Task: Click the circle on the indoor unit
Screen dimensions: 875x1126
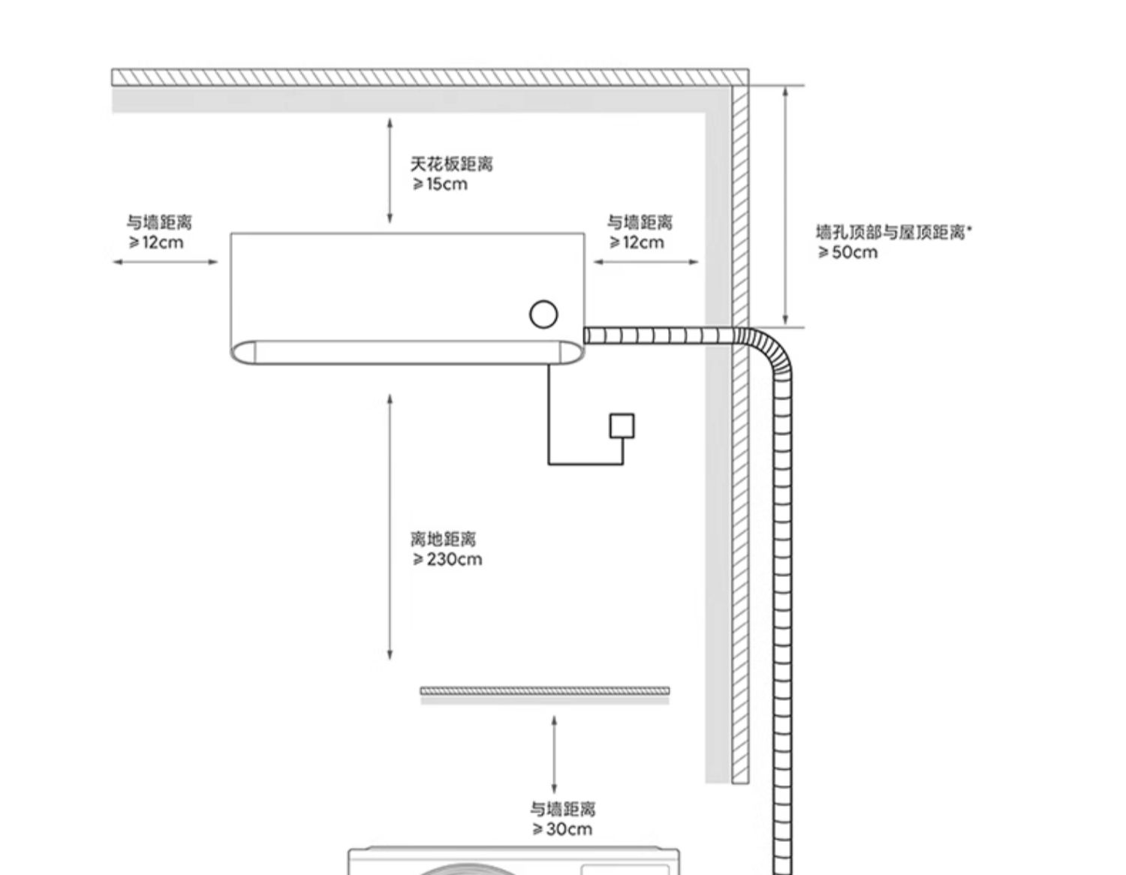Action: click(x=543, y=314)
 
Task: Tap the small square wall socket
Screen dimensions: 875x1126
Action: click(x=622, y=425)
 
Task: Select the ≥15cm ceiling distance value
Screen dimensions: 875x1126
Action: click(x=440, y=184)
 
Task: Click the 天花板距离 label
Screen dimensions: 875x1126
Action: click(x=451, y=164)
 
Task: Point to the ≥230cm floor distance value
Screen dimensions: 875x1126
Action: click(x=447, y=559)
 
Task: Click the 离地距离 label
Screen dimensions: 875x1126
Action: click(x=443, y=539)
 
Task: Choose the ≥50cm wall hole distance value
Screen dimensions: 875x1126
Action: click(x=848, y=252)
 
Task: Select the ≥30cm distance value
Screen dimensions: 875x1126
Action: click(x=562, y=829)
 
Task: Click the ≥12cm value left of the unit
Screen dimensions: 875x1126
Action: click(x=155, y=242)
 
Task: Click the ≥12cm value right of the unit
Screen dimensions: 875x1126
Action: click(x=637, y=242)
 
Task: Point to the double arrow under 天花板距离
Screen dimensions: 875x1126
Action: click(x=390, y=170)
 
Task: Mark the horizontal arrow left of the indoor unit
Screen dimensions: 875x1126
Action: click(x=165, y=262)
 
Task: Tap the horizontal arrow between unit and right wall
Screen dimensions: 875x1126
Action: click(x=646, y=262)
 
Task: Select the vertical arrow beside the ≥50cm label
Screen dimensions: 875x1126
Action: click(x=785, y=205)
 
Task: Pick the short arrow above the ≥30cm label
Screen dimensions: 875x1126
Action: click(x=554, y=754)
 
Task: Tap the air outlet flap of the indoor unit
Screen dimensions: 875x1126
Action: click(x=407, y=352)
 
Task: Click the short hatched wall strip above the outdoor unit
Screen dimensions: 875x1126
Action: click(x=545, y=690)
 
